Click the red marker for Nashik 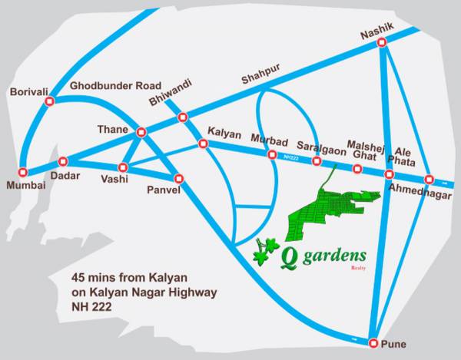(382, 45)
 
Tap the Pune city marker (373, 342)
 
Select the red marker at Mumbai (23, 172)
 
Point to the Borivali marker (50, 101)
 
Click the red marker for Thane (141, 132)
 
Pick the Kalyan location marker (203, 144)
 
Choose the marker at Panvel (180, 177)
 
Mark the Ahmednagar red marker (429, 178)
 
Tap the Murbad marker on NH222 (271, 154)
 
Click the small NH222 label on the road (290, 158)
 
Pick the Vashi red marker (123, 167)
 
